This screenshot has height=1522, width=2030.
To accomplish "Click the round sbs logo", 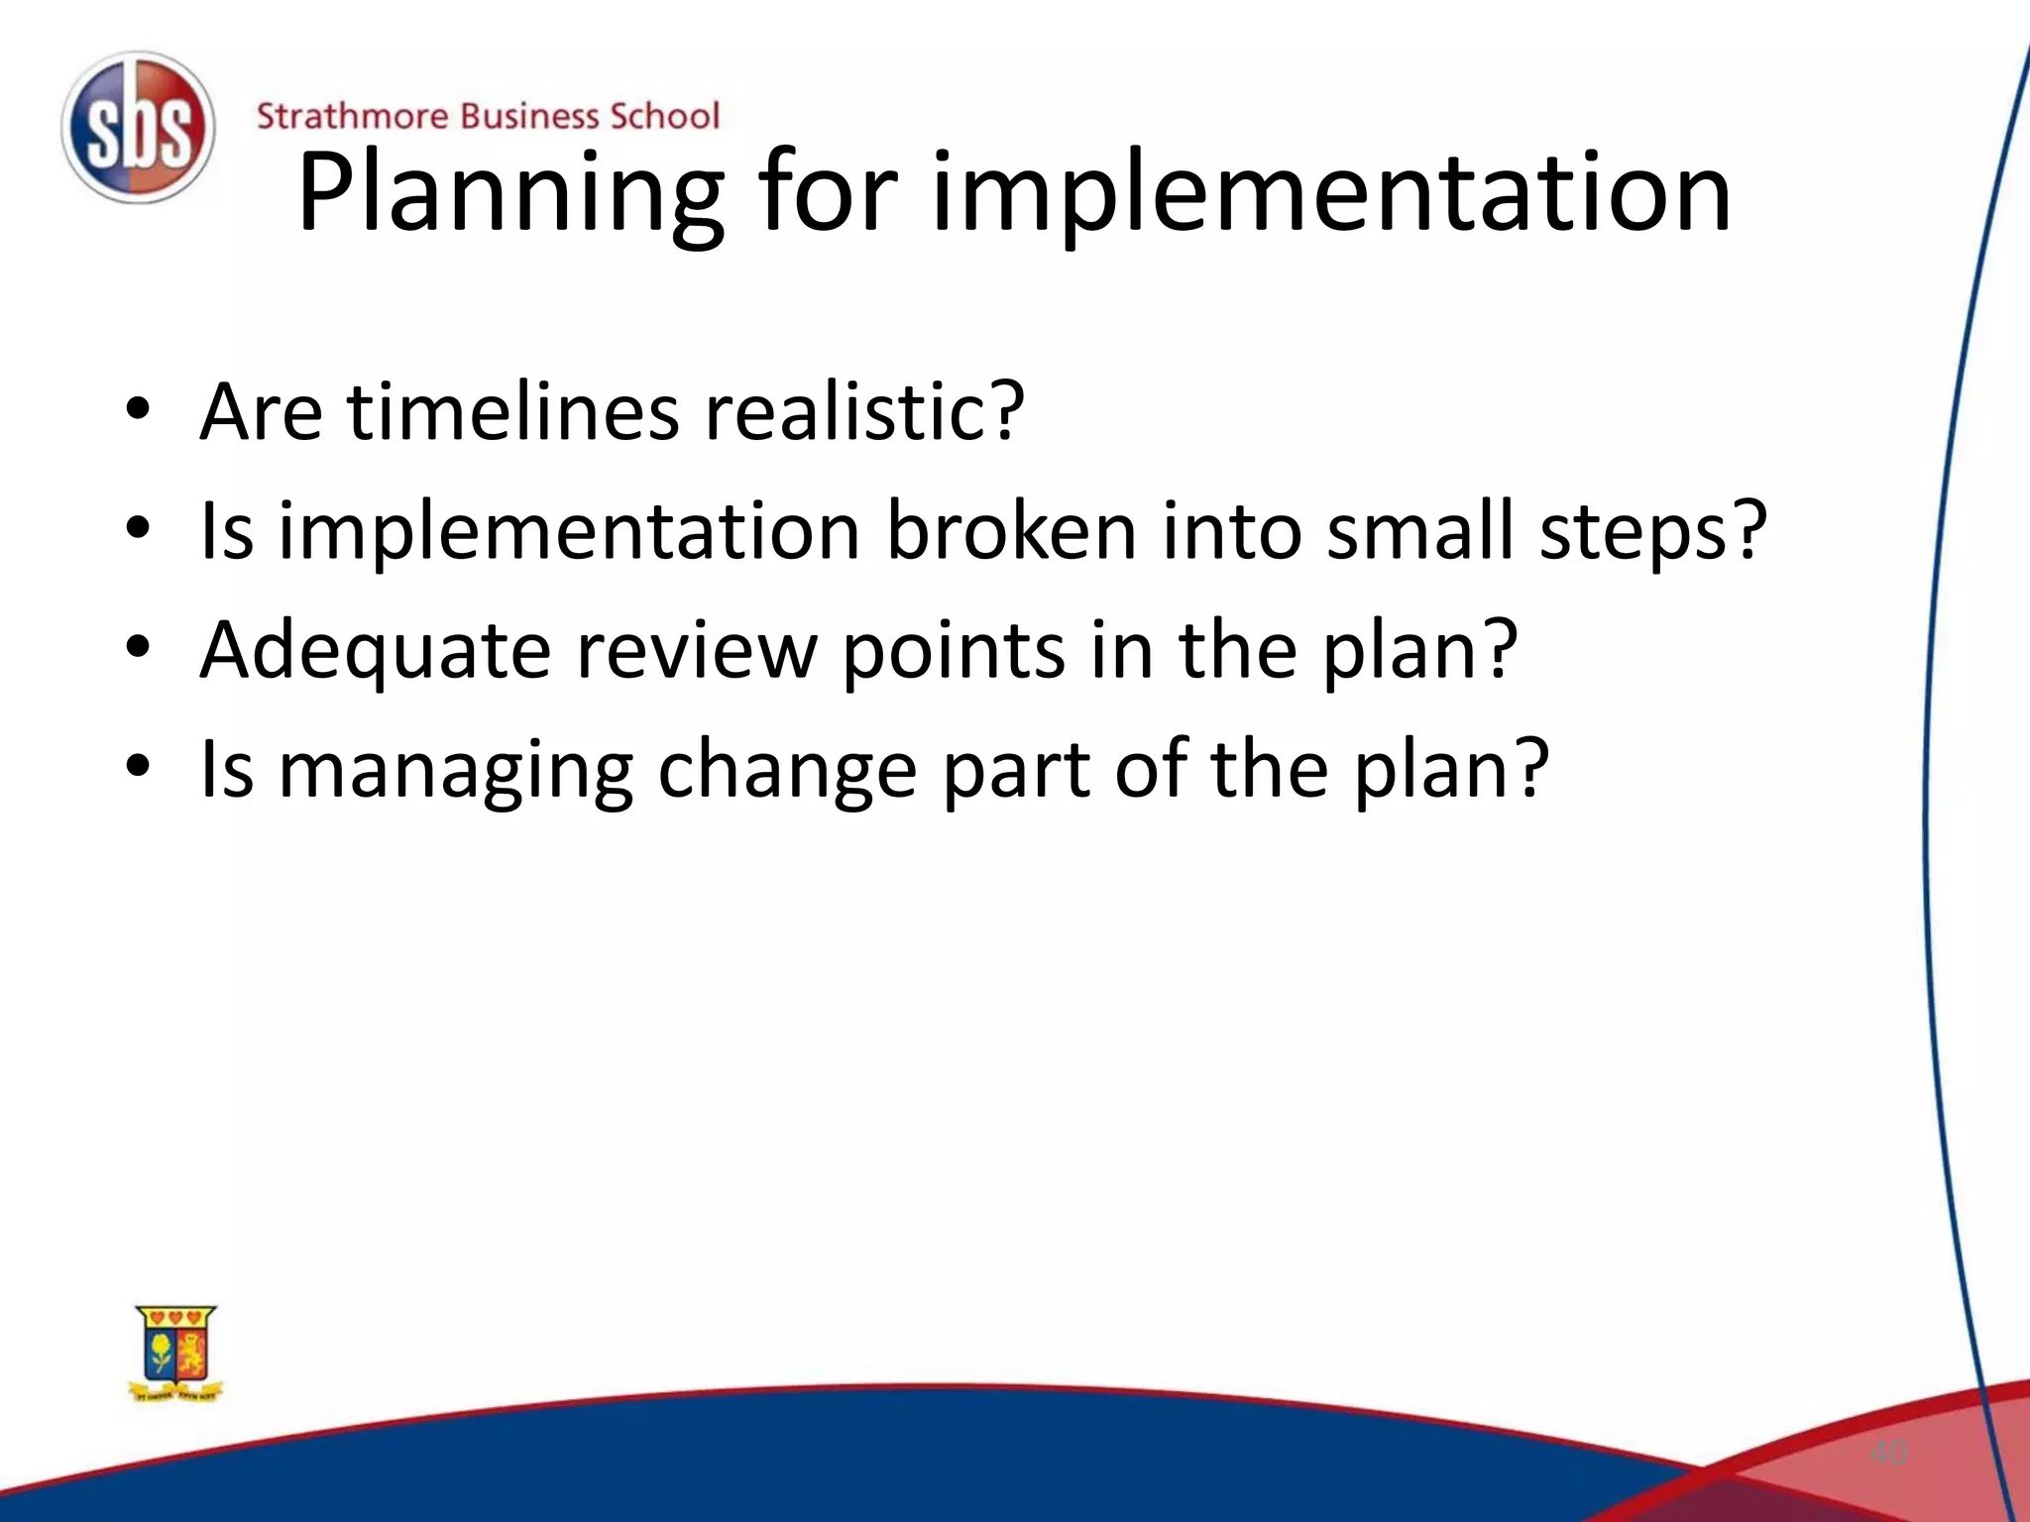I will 138,127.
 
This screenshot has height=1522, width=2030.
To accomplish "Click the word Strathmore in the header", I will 352,116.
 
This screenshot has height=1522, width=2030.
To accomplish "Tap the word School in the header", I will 664,116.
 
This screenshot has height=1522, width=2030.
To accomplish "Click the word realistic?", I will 863,411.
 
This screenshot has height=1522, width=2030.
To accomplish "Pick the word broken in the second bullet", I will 1010,530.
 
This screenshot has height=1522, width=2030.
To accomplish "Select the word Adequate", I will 376,651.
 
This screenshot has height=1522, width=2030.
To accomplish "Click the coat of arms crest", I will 176,1353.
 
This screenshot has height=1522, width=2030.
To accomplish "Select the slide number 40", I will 1887,1453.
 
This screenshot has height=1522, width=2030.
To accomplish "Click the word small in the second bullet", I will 1419,530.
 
